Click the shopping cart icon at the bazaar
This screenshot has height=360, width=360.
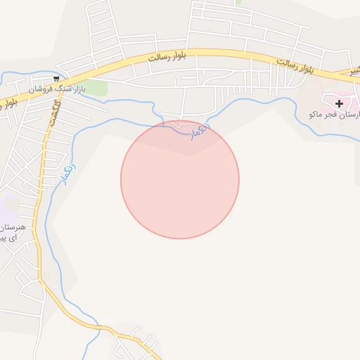[x=56, y=79]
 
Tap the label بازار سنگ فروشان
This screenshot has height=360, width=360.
[x=56, y=89]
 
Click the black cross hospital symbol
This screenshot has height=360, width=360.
[x=339, y=103]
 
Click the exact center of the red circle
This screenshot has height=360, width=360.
[x=180, y=179]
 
